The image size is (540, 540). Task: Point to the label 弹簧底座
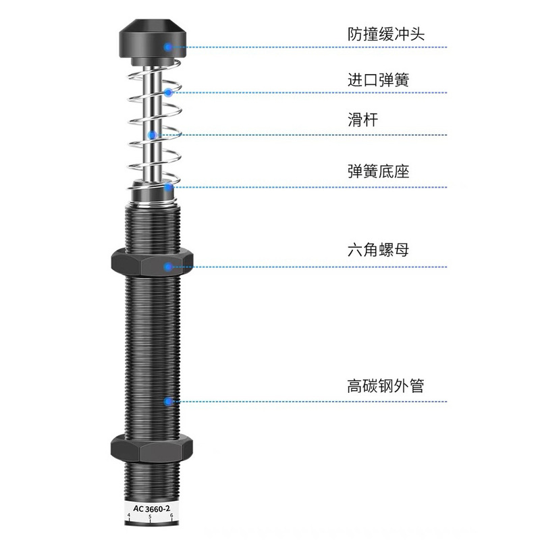click(x=378, y=172)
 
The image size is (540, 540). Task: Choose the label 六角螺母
click(x=378, y=250)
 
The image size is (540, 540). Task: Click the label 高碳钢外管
click(x=385, y=387)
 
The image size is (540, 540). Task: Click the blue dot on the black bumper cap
click(x=168, y=47)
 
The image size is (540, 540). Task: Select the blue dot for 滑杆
click(x=153, y=135)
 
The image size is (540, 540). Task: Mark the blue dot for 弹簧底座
click(x=167, y=187)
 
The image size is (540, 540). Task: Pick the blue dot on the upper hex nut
click(x=167, y=266)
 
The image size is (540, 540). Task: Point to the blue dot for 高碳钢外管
click(x=167, y=402)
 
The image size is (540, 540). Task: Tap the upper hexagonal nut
click(x=151, y=262)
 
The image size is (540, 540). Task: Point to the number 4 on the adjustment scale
click(x=129, y=517)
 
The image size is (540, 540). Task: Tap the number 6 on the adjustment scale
click(x=172, y=517)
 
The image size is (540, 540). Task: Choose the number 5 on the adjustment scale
click(x=151, y=517)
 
